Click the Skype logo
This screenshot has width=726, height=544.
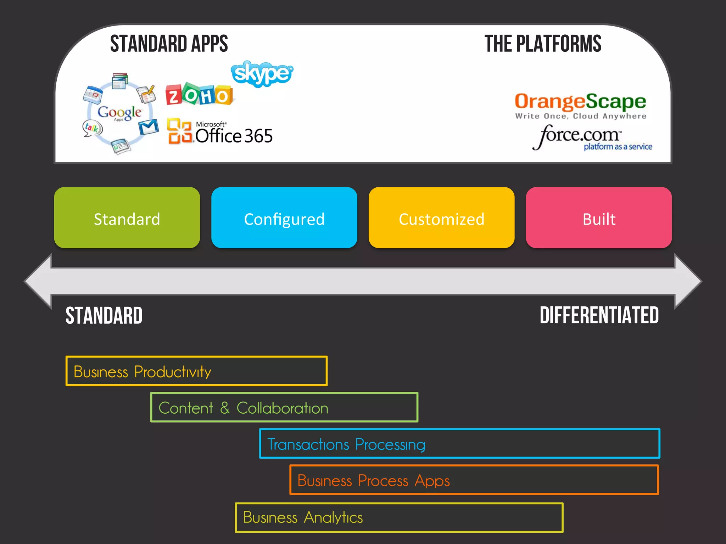[x=262, y=74]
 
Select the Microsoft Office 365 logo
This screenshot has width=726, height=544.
[x=220, y=132]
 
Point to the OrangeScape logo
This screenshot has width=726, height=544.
[x=580, y=105]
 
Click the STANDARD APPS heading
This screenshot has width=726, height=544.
[x=169, y=44]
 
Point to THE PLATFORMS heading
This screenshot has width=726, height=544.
[x=543, y=44]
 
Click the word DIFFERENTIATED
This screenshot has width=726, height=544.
[x=599, y=315]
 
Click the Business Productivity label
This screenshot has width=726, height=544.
[x=143, y=372]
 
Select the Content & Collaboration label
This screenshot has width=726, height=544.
[x=243, y=408]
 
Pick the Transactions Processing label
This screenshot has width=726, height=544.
[x=346, y=444]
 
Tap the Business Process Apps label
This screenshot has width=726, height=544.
[x=373, y=481]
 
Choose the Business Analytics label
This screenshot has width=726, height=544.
[x=303, y=517]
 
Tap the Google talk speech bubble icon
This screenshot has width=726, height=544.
[x=92, y=128]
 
